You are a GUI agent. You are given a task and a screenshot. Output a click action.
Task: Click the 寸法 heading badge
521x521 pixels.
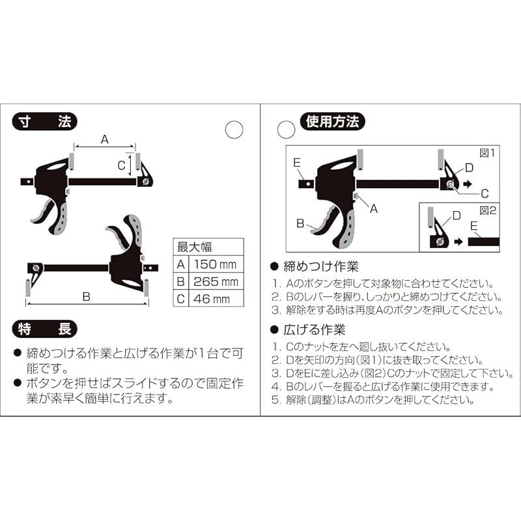(x=44, y=122)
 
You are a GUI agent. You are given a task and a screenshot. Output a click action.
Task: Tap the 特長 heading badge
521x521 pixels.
(x=44, y=330)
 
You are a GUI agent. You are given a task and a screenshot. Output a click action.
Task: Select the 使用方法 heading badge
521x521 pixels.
(x=332, y=122)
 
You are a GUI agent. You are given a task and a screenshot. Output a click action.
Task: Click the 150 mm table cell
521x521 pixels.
(x=216, y=264)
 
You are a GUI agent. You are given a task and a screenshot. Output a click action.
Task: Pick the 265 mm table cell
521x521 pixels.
(x=216, y=282)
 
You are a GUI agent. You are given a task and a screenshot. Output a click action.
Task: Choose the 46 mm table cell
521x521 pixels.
(x=216, y=299)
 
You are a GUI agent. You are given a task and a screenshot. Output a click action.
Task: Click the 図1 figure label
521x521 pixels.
(x=487, y=153)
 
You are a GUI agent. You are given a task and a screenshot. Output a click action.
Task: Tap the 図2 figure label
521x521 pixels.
(x=487, y=210)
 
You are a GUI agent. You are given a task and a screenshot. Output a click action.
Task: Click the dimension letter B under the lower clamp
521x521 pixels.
(x=86, y=296)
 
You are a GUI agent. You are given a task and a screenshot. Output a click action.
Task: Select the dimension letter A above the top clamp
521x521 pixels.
(x=105, y=139)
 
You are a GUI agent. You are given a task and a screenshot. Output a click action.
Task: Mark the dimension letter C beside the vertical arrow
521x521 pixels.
(x=122, y=165)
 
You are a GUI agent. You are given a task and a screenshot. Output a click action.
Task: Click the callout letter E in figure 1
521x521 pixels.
(x=297, y=163)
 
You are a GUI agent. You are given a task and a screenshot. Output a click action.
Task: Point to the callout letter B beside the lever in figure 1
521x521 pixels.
(x=300, y=223)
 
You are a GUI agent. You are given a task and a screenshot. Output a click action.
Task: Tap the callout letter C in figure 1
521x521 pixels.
(x=485, y=193)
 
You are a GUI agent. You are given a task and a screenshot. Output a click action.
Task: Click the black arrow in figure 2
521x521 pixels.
(x=458, y=242)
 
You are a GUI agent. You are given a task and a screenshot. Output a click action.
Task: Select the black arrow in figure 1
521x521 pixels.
(x=468, y=184)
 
